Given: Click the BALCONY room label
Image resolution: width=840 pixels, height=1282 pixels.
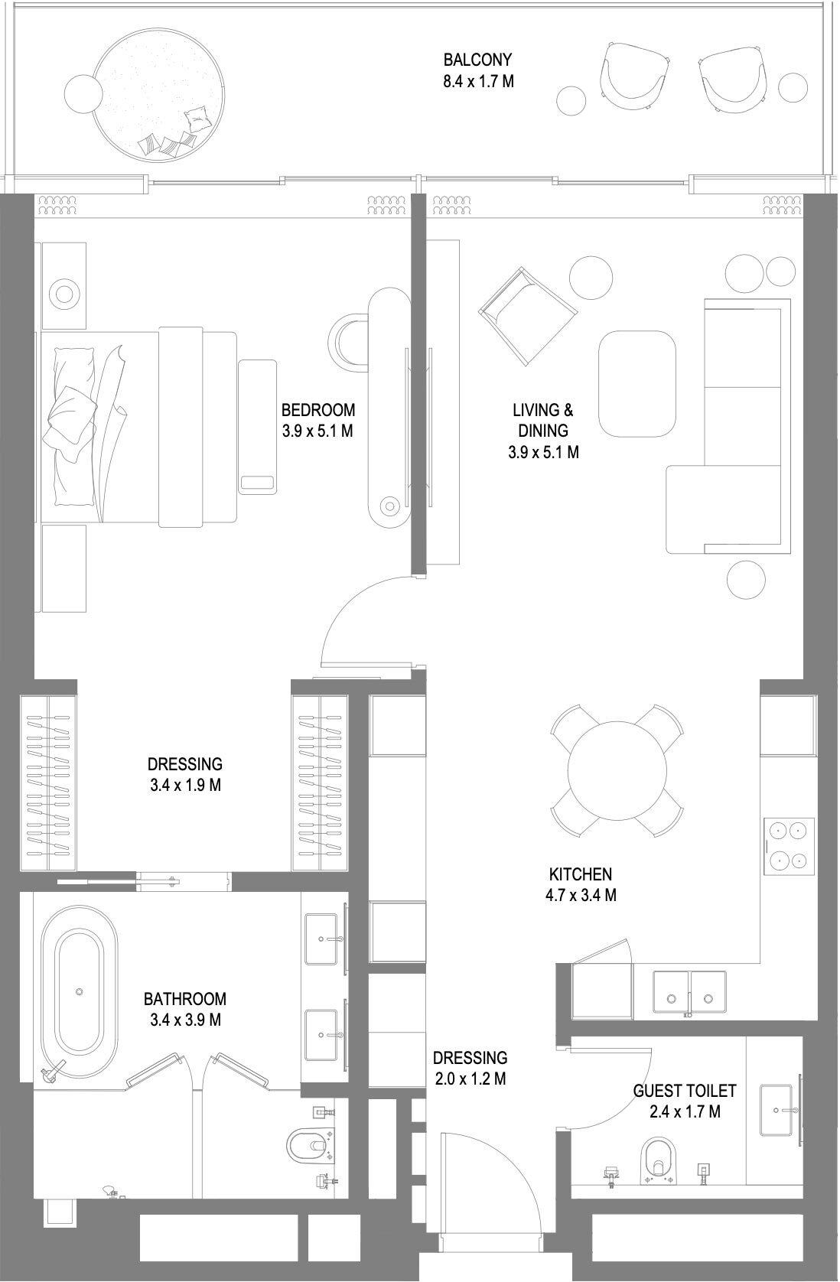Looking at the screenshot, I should pos(478,60).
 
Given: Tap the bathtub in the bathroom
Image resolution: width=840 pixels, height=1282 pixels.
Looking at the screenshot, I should pos(80,991).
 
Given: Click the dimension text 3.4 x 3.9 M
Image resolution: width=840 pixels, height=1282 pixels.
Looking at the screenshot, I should pos(185,1020).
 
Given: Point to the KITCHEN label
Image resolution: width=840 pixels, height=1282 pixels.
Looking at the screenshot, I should pos(581,874).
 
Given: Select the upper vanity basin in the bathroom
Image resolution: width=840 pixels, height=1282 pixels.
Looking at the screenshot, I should pos(324,939).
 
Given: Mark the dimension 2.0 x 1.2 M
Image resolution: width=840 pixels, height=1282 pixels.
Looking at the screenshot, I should pos(470,1079).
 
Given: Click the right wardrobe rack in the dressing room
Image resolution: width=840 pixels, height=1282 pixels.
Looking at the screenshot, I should pos(320,783).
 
